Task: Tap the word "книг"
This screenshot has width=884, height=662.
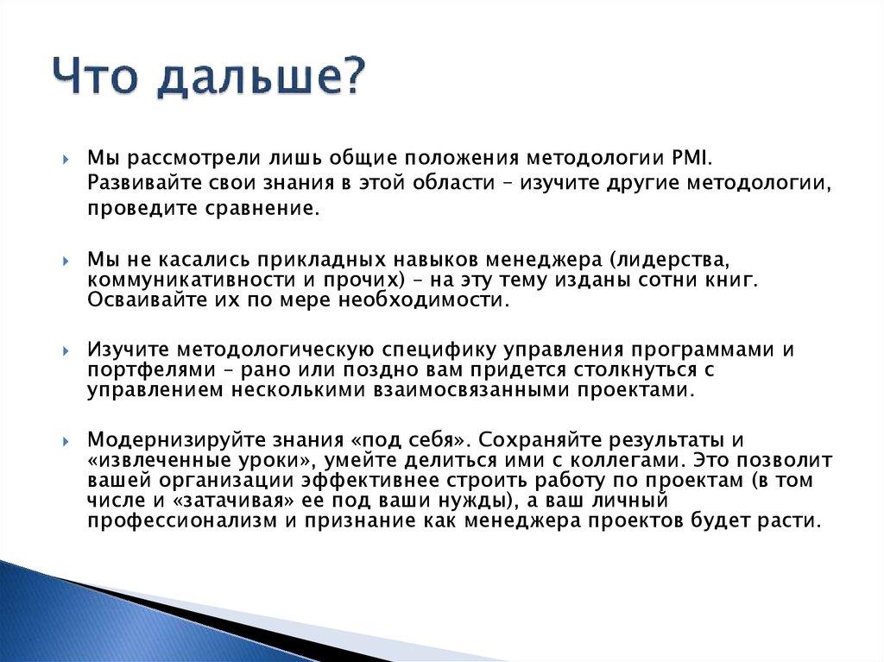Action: pos(736,280)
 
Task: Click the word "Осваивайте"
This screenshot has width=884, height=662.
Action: pos(135,299)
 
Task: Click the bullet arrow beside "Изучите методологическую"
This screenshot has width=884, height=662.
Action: pos(66,350)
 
